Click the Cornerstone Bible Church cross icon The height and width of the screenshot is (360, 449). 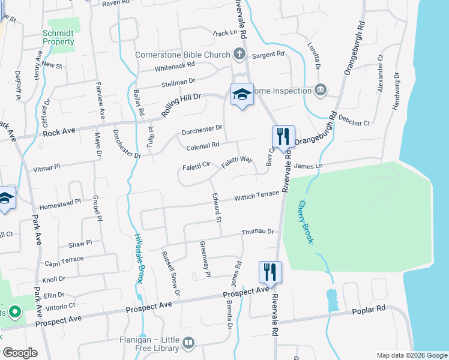click(240, 55)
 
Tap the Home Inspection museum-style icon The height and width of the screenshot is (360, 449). click(321, 91)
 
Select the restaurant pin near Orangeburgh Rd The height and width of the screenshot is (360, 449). click(282, 137)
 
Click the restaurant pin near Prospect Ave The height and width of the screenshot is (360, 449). click(270, 272)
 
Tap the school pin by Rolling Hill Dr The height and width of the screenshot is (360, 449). click(241, 95)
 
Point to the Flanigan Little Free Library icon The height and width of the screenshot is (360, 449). click(188, 343)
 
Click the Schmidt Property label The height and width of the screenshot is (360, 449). click(58, 38)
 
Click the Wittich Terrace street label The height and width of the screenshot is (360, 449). click(256, 196)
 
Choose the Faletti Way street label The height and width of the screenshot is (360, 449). click(238, 160)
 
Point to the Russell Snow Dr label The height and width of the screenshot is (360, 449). click(170, 274)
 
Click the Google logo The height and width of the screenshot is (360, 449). click(19, 353)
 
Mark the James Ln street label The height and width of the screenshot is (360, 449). click(309, 166)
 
